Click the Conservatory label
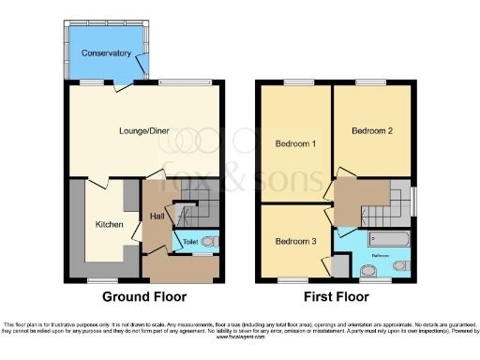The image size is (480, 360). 106,53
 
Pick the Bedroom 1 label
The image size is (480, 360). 294,144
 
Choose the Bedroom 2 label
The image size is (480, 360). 371,131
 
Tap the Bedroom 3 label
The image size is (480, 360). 294,241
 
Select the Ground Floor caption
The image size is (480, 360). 144,297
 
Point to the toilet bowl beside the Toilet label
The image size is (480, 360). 210,241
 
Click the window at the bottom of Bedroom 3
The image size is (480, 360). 292,279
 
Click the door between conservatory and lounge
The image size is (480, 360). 123,87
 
